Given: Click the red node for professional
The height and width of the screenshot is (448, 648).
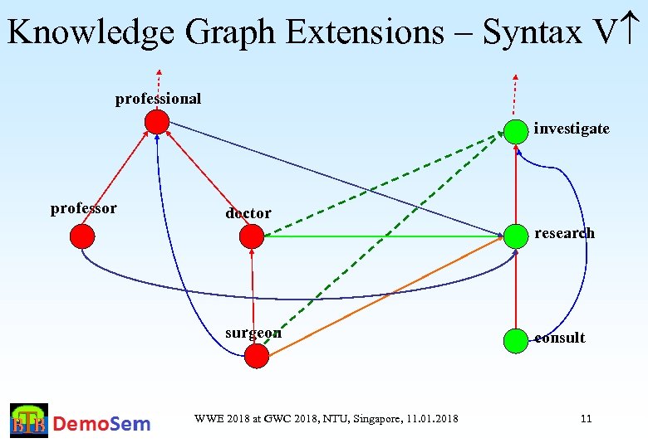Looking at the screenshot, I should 157,122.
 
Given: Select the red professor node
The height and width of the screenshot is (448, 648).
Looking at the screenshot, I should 82,237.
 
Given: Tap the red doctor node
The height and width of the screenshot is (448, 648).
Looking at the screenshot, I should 251,237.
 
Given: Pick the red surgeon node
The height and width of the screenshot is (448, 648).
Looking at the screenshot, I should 258,356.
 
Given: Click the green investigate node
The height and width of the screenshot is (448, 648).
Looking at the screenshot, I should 516,130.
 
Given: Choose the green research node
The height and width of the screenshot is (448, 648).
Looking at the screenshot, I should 516,236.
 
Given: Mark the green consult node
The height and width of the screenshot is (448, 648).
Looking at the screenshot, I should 516,339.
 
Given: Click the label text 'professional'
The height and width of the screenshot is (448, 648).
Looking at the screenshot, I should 158,99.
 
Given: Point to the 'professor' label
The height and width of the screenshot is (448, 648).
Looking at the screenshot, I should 83,208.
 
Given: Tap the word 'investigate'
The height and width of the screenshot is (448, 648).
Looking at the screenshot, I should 572,129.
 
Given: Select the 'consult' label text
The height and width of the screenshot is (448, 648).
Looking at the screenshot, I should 560,338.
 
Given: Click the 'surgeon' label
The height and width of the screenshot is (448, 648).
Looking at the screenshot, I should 253,333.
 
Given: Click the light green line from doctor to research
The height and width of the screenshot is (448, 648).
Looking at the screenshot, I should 382,237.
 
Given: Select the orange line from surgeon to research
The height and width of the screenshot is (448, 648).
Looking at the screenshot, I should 386,296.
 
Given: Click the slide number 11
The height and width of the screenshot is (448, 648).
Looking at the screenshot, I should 586,418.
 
